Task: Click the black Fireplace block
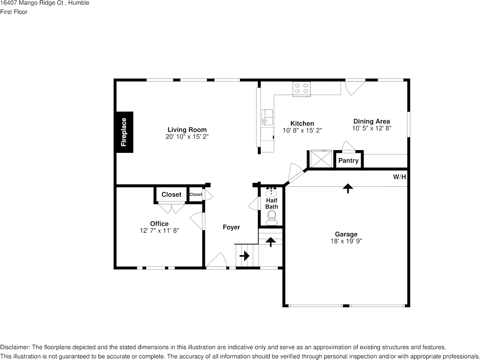(124, 132)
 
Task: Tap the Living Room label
(187, 130)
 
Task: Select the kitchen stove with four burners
(301, 89)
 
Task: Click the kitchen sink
(267, 117)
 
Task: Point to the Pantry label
(348, 160)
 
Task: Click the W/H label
(399, 177)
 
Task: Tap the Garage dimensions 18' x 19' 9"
(346, 241)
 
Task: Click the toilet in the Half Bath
(271, 217)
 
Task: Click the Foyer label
(231, 227)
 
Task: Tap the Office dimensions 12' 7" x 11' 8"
(159, 230)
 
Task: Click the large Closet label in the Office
(171, 194)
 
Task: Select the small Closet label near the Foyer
(196, 194)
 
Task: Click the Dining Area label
(372, 122)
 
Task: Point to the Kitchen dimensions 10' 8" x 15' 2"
(302, 130)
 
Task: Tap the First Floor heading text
(14, 12)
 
